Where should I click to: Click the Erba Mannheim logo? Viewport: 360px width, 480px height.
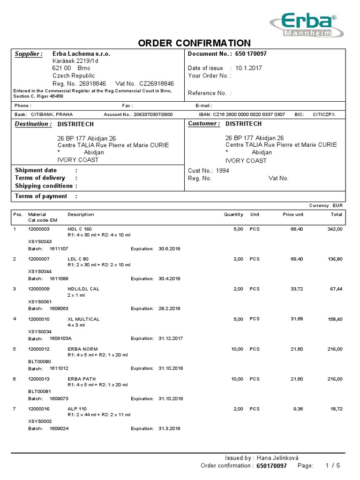307,25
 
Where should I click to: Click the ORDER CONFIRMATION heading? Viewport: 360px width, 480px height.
194,43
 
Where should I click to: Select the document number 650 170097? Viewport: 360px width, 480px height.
251,54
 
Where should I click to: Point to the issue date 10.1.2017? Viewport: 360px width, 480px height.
248,68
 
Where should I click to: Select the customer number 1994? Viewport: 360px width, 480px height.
223,171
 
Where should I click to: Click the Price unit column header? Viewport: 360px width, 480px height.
292,214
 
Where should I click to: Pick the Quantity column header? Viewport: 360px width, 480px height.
233,214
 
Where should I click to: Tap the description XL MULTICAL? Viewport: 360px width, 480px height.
83,319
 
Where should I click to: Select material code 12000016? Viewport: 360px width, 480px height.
38,409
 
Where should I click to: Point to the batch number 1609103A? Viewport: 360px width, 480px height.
60,338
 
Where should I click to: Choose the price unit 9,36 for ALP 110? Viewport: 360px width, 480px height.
298,409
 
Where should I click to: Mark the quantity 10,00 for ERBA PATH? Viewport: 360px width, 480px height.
236,379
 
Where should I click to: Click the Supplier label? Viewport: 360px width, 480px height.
29,54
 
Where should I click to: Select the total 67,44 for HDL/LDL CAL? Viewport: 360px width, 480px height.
336,289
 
